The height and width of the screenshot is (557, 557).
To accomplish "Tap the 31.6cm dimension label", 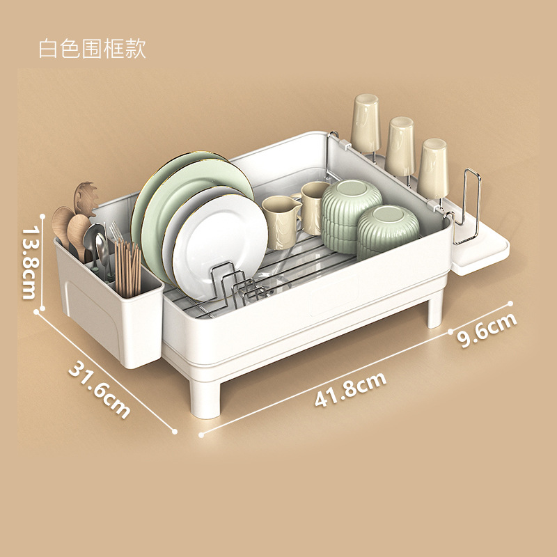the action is pyautogui.click(x=99, y=389).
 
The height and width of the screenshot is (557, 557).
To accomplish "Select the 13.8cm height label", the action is pyautogui.click(x=29, y=261).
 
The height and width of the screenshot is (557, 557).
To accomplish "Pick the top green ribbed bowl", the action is pyautogui.click(x=352, y=198).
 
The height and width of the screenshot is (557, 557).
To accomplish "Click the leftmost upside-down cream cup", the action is pyautogui.click(x=365, y=123).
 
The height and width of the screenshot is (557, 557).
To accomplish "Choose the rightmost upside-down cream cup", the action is pyautogui.click(x=432, y=167).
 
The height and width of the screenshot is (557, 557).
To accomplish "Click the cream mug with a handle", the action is pyautogui.click(x=280, y=221).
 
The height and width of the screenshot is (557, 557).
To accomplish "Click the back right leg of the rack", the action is pyautogui.click(x=435, y=310).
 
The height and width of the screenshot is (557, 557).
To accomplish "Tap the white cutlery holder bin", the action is pyautogui.click(x=111, y=320).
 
